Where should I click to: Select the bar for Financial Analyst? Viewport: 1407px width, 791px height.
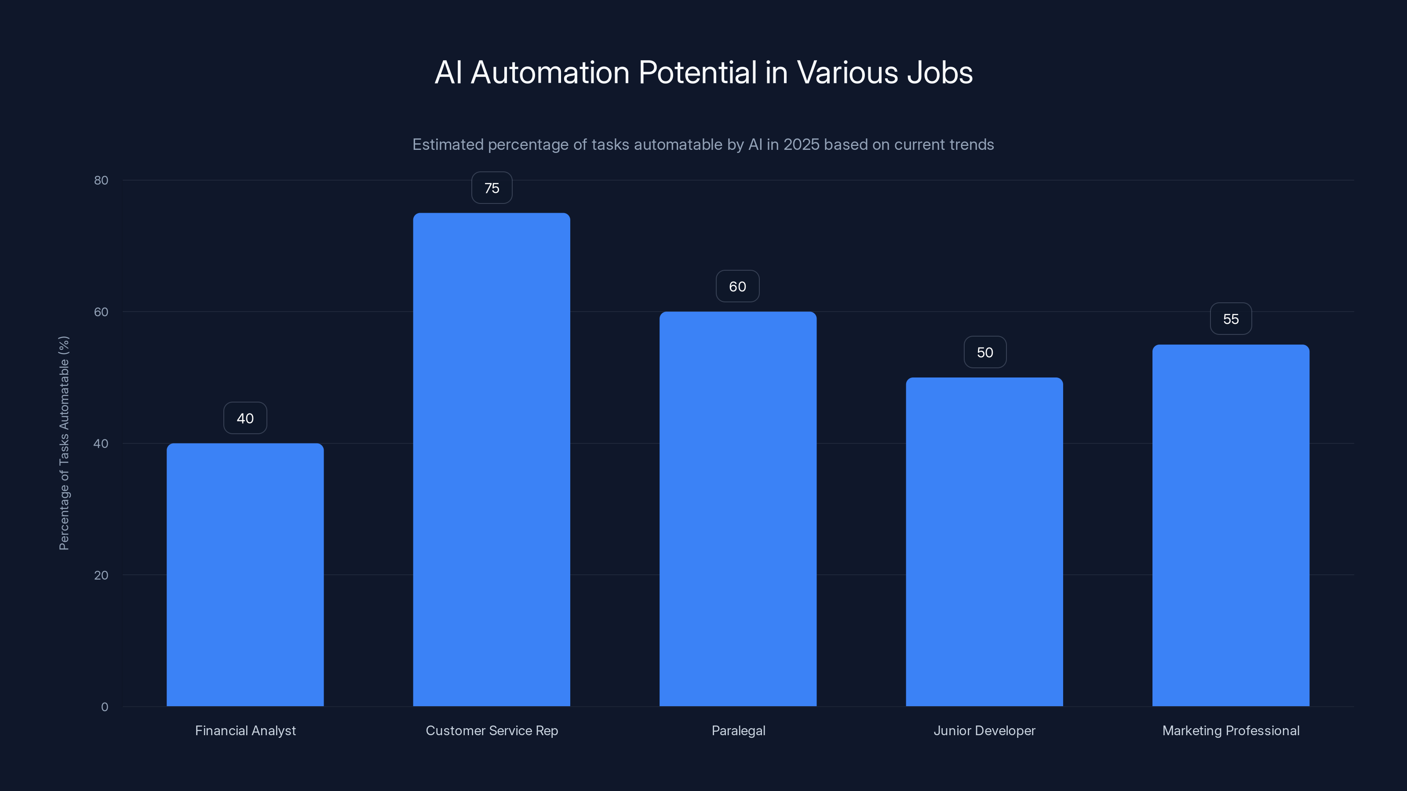(x=245, y=574)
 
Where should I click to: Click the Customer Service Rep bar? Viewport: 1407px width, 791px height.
(x=491, y=459)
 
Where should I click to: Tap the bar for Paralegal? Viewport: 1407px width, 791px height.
(x=737, y=509)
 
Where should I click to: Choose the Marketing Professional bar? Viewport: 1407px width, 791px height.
(x=1231, y=525)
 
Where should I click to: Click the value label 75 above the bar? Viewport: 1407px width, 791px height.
(x=492, y=188)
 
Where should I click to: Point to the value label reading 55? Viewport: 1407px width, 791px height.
(x=1231, y=319)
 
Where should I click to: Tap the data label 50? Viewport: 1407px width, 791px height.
(x=985, y=352)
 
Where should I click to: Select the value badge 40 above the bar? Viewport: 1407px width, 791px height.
(x=245, y=418)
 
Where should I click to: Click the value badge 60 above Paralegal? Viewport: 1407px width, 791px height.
(x=737, y=286)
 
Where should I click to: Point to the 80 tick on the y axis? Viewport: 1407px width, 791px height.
(x=101, y=180)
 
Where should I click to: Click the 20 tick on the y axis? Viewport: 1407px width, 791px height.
(x=101, y=575)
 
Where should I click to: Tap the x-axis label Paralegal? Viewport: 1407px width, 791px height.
(x=738, y=730)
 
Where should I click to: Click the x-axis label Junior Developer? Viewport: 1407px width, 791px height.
(x=984, y=730)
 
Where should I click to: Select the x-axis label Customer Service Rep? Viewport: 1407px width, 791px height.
(x=492, y=730)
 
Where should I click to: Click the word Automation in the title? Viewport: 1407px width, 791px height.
(x=550, y=73)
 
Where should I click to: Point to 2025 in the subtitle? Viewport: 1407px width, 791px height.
(x=801, y=145)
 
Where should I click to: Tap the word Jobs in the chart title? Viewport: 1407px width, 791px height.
(x=940, y=73)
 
